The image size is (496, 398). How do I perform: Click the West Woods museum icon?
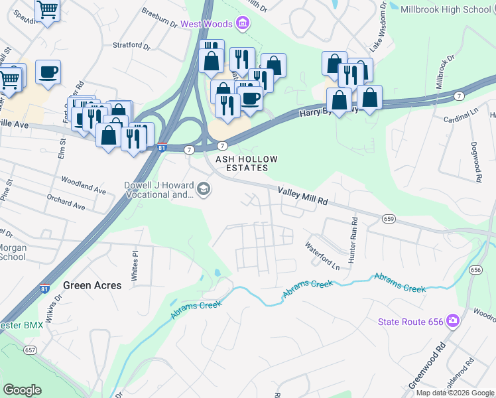243,25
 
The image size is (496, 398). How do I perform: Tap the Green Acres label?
92,285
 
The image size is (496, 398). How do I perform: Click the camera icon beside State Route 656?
453,322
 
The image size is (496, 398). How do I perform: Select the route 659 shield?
389,218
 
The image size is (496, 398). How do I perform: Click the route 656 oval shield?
475,269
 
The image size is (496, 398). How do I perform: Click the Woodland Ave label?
83,185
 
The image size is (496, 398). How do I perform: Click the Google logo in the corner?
22,390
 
